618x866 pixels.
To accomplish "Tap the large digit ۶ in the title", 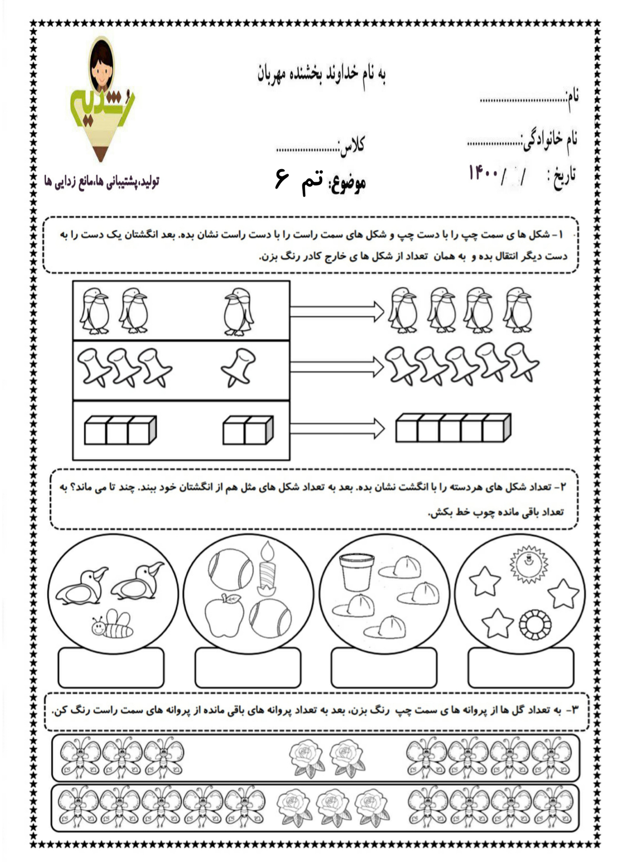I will [x=282, y=179].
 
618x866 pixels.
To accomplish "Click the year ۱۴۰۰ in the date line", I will [x=484, y=172].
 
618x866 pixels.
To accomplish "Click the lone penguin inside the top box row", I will [x=239, y=311].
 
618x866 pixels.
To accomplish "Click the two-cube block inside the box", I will [x=248, y=430].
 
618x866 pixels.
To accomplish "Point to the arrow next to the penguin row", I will [x=336, y=311].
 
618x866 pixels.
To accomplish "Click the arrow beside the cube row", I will [x=336, y=429].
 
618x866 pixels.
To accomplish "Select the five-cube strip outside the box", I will [x=453, y=428].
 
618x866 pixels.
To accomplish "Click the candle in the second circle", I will [x=267, y=569].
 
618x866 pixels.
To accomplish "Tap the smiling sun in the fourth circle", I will [x=529, y=564].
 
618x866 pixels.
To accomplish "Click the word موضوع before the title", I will [x=347, y=183].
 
